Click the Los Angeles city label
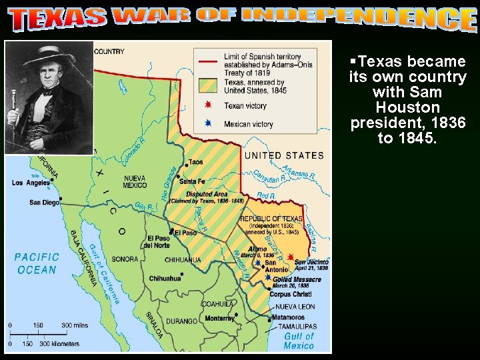coord(31,183)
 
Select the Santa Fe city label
coord(192,181)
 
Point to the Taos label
coord(195,162)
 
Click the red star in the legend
coord(209,105)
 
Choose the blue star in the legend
coord(209,123)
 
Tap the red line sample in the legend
coord(209,59)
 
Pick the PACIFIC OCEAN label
coord(37,263)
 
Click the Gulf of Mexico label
coord(298,341)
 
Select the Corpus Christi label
coord(291,294)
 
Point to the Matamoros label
coord(289,317)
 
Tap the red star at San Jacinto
coord(291,257)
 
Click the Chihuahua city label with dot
coord(165,279)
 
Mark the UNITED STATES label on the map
coord(284,155)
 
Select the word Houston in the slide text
coord(407,107)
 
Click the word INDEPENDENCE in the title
coord(359,19)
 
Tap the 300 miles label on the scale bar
coord(75,325)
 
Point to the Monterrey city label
coord(219,319)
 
